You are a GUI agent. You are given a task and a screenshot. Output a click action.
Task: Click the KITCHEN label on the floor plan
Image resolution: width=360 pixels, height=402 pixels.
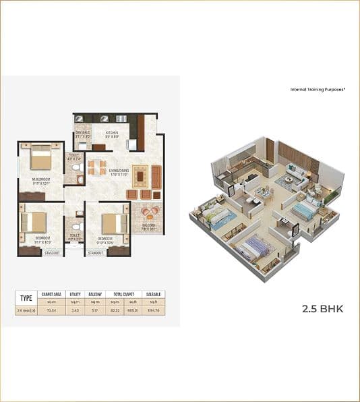(112, 133)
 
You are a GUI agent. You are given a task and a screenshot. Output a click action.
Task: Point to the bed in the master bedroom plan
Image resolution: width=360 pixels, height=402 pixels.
(40, 159)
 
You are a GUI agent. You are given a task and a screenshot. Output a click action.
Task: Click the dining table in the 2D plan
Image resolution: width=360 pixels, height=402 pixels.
(98, 165)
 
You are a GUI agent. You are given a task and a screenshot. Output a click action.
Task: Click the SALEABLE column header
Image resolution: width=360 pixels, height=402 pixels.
(152, 295)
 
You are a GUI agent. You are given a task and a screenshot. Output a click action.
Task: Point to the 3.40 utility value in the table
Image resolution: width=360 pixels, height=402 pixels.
(76, 310)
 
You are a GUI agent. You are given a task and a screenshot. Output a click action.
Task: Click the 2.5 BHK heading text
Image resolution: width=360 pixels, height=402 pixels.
(322, 309)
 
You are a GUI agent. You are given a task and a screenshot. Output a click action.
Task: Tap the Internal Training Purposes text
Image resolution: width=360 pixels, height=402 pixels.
(318, 89)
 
